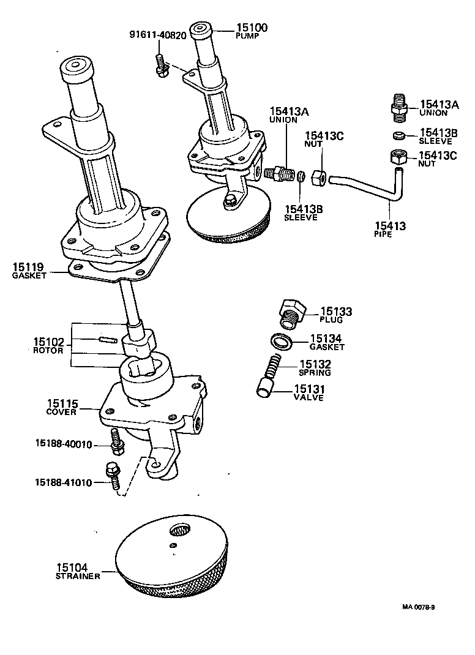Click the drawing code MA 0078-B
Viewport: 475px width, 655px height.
418,607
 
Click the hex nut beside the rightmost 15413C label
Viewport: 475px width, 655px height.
398,159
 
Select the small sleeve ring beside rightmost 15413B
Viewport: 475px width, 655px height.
398,135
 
